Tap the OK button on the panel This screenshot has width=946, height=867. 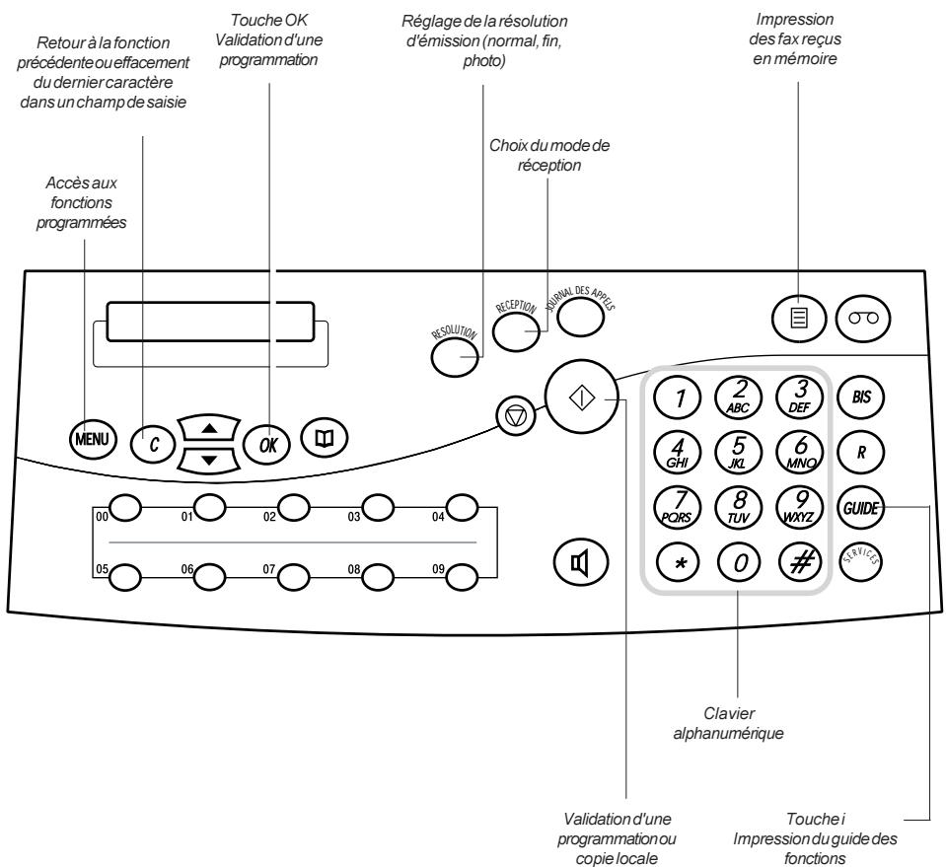(266, 445)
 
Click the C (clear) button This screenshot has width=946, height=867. (153, 445)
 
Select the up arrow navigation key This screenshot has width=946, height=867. (209, 428)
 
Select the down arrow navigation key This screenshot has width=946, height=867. (209, 461)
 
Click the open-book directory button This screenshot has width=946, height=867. (325, 438)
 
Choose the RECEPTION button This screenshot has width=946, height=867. (516, 331)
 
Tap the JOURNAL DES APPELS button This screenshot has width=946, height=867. (580, 317)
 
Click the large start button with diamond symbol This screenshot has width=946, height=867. (582, 397)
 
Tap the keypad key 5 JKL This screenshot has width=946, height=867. (738, 452)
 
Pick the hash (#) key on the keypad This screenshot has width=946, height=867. (801, 562)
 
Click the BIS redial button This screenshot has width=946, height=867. (861, 397)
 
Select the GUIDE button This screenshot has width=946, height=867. (861, 507)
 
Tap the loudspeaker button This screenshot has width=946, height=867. (580, 563)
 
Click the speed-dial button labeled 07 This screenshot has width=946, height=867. (294, 577)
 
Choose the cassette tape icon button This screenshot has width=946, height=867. (863, 318)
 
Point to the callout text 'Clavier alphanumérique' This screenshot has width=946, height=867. (728, 723)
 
